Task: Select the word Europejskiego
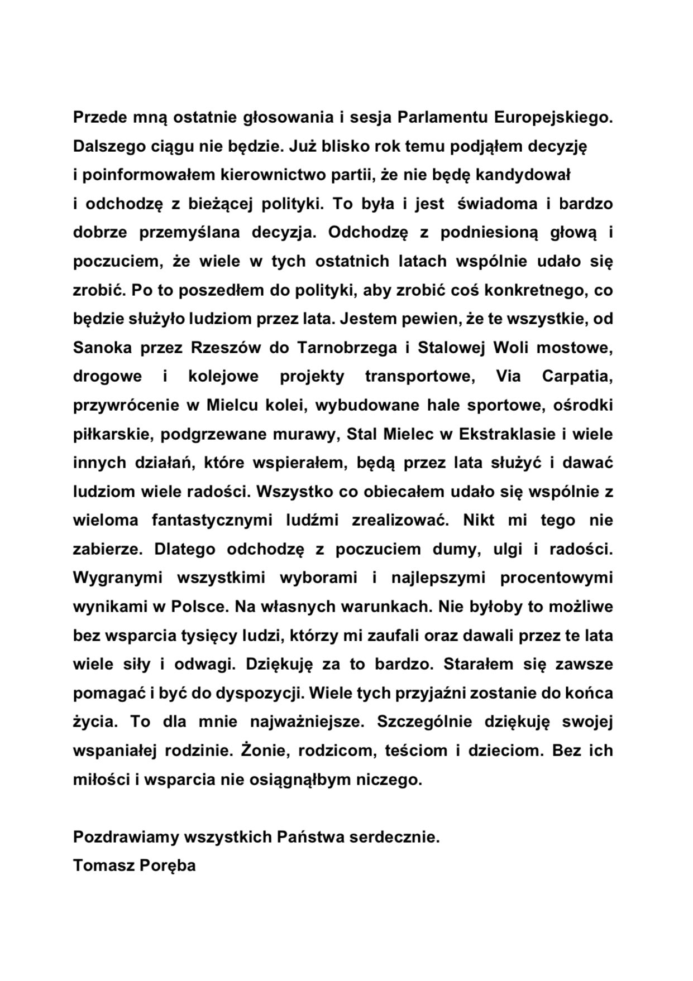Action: pos(553,118)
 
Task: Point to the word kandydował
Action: pos(523,175)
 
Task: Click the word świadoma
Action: pos(497,204)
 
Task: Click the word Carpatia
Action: pos(577,376)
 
